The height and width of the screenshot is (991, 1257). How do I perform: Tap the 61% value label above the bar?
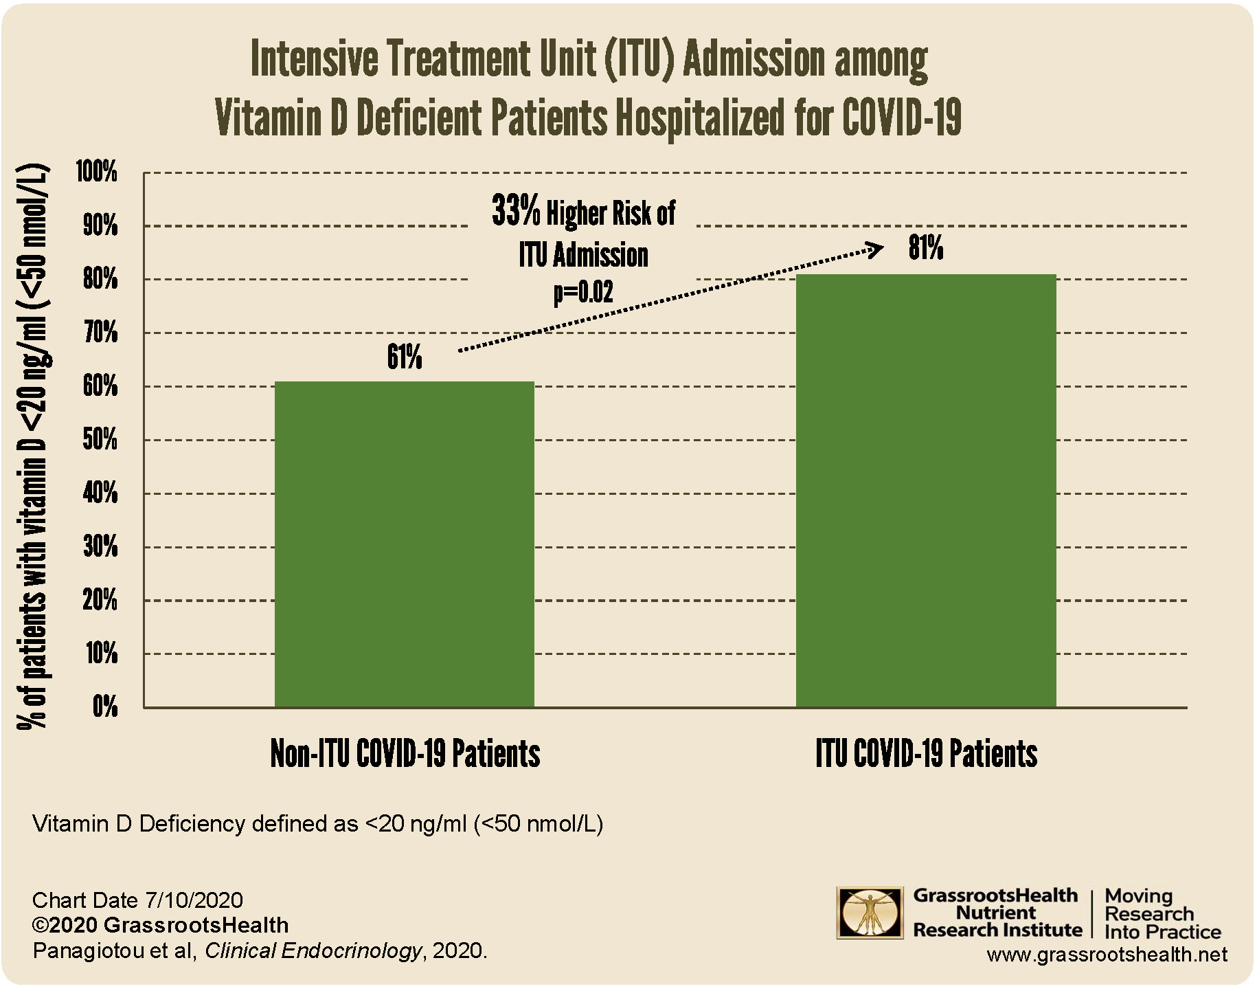point(405,358)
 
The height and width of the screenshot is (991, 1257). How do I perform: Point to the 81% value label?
point(926,248)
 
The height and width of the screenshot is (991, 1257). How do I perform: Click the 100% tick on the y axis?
point(97,172)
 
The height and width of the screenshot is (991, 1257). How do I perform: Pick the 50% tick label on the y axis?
point(100,440)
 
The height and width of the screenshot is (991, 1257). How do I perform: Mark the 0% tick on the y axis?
point(104,707)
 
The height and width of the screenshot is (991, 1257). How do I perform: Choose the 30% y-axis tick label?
point(100,547)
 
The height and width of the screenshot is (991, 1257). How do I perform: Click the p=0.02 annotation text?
point(583,292)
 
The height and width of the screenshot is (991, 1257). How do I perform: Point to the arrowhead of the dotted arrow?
point(876,249)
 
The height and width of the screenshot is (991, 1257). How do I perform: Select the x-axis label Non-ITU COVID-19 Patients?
point(405,754)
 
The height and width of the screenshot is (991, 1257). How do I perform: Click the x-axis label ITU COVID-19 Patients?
point(926,754)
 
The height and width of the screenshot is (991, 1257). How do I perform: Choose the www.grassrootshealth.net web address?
point(1107,955)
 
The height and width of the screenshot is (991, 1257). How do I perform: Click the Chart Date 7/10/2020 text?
point(137,900)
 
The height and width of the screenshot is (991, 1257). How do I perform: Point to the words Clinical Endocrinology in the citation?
point(313,951)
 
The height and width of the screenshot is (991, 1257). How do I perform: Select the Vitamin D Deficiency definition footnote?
point(317,823)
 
